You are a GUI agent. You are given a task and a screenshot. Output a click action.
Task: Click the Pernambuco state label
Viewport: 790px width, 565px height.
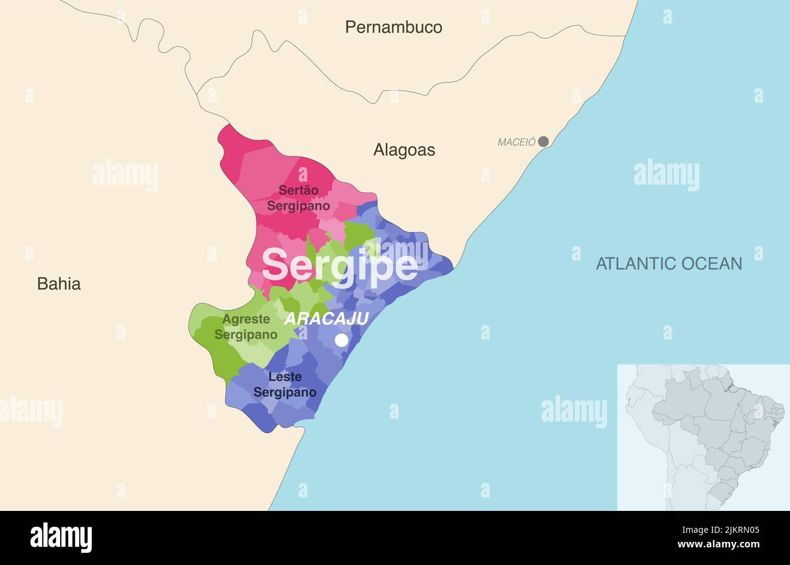pos(393,27)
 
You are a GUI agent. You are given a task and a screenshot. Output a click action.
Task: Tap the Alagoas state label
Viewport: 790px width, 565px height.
pos(404,150)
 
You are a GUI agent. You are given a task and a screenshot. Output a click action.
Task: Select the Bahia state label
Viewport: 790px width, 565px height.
pos(59,284)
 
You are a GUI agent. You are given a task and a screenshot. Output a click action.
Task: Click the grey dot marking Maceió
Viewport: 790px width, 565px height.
pos(543,142)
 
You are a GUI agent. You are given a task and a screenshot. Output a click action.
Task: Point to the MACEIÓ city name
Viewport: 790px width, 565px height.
pos(517,142)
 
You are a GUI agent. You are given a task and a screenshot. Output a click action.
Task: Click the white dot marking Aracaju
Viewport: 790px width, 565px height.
pos(342,340)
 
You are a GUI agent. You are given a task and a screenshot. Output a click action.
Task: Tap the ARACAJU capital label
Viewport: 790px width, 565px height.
pos(326,318)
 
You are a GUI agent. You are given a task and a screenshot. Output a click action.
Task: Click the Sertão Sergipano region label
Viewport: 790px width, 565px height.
pos(298,198)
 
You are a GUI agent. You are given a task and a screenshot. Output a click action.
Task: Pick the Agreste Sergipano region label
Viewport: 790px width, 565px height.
pos(246,327)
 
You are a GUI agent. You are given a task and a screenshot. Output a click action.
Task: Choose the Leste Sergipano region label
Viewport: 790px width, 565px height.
pos(285,385)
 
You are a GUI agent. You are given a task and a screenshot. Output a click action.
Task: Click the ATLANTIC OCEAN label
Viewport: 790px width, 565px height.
pos(668,264)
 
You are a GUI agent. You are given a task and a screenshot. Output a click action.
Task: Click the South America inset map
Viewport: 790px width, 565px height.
pos(703,437)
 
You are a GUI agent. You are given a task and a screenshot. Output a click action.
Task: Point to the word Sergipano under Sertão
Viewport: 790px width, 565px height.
pos(298,206)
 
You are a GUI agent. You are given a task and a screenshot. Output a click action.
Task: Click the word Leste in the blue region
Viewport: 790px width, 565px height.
pos(285,377)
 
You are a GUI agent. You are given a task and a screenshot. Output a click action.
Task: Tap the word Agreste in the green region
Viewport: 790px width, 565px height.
pos(246,319)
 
